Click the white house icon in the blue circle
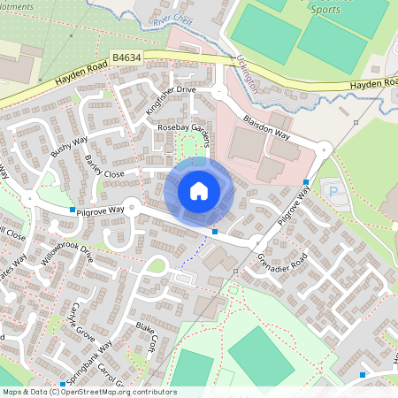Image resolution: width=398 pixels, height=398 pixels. (x=199, y=191)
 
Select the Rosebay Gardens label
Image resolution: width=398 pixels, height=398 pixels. (x=185, y=129)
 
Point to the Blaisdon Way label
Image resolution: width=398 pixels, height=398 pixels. (x=266, y=125)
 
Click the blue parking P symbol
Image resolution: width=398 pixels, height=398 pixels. (x=333, y=191)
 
